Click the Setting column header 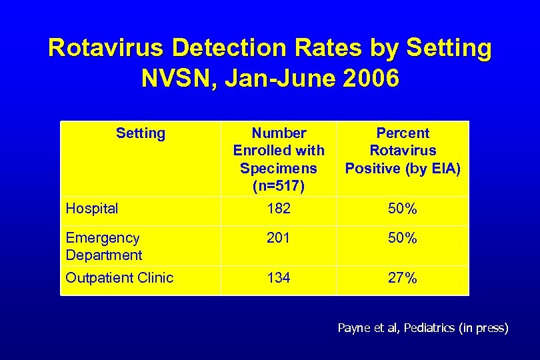click(140, 133)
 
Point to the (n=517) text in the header click(278, 185)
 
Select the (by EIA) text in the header click(431, 168)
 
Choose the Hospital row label click(92, 209)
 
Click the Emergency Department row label click(103, 246)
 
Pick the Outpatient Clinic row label click(119, 278)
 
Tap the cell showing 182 click(279, 209)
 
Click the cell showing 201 click(279, 238)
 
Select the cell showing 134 click(279, 278)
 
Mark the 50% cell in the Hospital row click(403, 209)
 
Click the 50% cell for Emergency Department click(403, 238)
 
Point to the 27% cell click(403, 278)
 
